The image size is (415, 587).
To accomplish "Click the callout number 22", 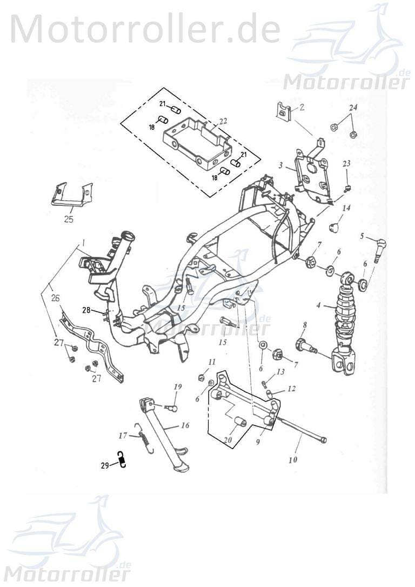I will pos(224,121).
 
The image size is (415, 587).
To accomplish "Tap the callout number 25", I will pos(68,219).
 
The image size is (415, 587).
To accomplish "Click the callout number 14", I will pos(346,208).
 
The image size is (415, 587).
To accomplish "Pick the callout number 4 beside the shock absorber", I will pos(319,305).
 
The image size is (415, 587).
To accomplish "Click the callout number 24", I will pos(353,108).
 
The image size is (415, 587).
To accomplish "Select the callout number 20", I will pos(227,441).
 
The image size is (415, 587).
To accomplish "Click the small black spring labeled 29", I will pos(123,460).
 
